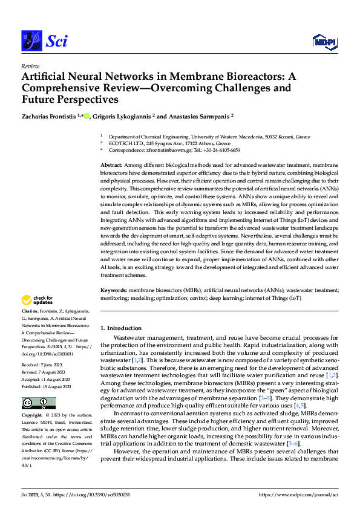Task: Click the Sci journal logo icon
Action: (31, 41)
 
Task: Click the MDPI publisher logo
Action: (324, 41)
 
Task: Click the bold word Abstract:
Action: (111, 165)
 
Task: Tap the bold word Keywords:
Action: (114, 290)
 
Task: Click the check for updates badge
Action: (38, 300)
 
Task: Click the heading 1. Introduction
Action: (120, 328)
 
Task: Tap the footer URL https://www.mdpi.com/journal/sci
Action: (298, 494)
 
